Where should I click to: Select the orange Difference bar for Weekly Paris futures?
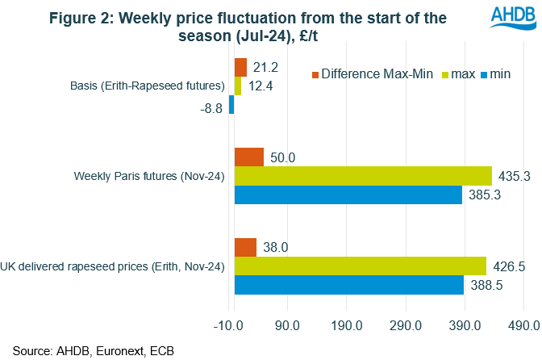coord(248,157)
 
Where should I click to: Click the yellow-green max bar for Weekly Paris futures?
coord(363,175)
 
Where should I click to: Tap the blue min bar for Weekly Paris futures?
coord(348,194)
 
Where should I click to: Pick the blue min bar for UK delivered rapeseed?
coord(348,284)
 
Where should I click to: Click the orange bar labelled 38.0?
coord(245,247)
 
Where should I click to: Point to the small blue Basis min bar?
coord(231,104)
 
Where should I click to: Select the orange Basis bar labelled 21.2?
coord(240,67)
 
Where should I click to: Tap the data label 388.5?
coord(486,285)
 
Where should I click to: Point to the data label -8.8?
coord(211,105)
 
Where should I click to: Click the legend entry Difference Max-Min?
coord(366,75)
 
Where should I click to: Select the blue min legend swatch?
coord(486,75)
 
